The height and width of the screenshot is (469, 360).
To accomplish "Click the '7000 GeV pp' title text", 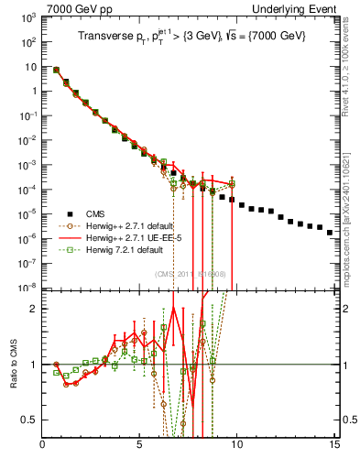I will coord(70,8).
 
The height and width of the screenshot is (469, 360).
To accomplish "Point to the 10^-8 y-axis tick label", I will coord(28,287).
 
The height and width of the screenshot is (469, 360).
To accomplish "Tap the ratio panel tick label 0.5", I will coord(30,420).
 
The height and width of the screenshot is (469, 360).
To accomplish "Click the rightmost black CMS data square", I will coord(330,233).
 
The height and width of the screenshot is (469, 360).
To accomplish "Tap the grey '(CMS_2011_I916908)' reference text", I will coord(188,274).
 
